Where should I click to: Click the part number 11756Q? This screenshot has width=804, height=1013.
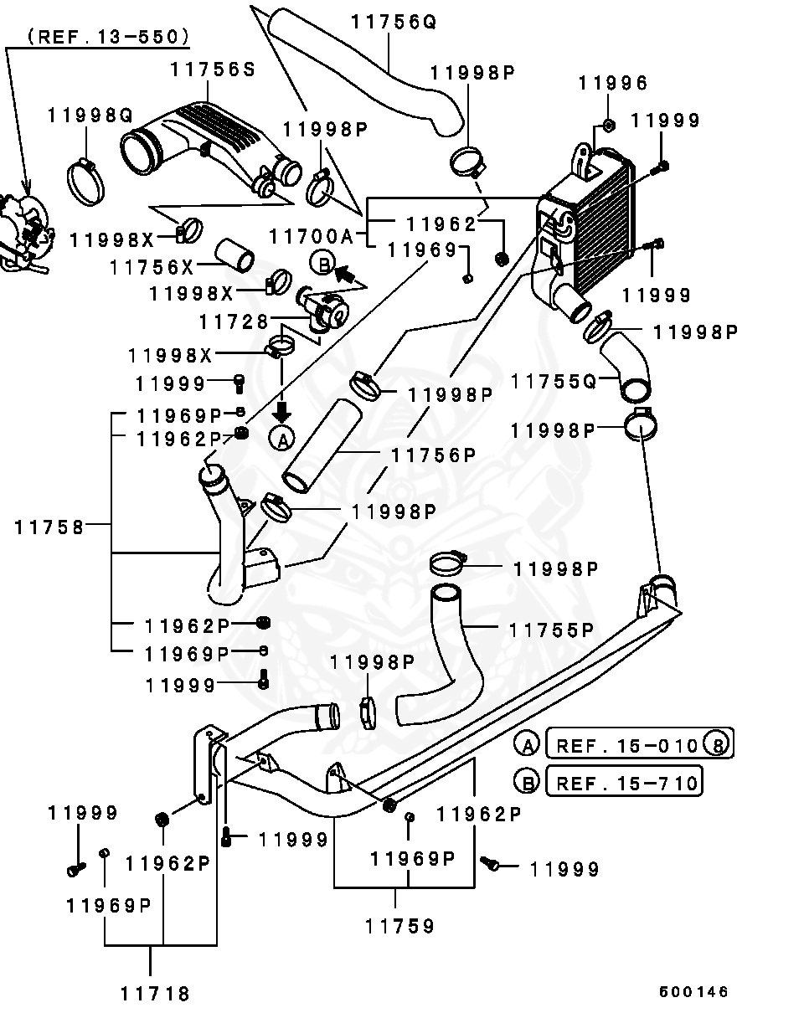click(394, 22)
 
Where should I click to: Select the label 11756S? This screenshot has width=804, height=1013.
click(213, 69)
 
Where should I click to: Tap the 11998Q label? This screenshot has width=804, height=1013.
click(90, 116)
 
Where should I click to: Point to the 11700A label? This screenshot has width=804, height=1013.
click(312, 236)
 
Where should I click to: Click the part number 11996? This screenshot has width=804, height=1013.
click(613, 84)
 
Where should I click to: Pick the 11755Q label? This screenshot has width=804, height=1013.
click(554, 381)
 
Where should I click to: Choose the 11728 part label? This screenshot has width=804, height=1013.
click(234, 322)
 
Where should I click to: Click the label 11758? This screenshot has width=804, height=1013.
click(49, 527)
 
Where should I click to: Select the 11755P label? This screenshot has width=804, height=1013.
click(552, 630)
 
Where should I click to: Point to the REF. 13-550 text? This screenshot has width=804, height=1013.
click(109, 37)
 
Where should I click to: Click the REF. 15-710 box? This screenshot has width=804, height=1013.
click(624, 782)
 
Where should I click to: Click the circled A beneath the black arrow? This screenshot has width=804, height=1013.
click(281, 440)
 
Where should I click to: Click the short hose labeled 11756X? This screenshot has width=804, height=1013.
click(234, 255)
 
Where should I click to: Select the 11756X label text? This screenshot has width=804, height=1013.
click(152, 267)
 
